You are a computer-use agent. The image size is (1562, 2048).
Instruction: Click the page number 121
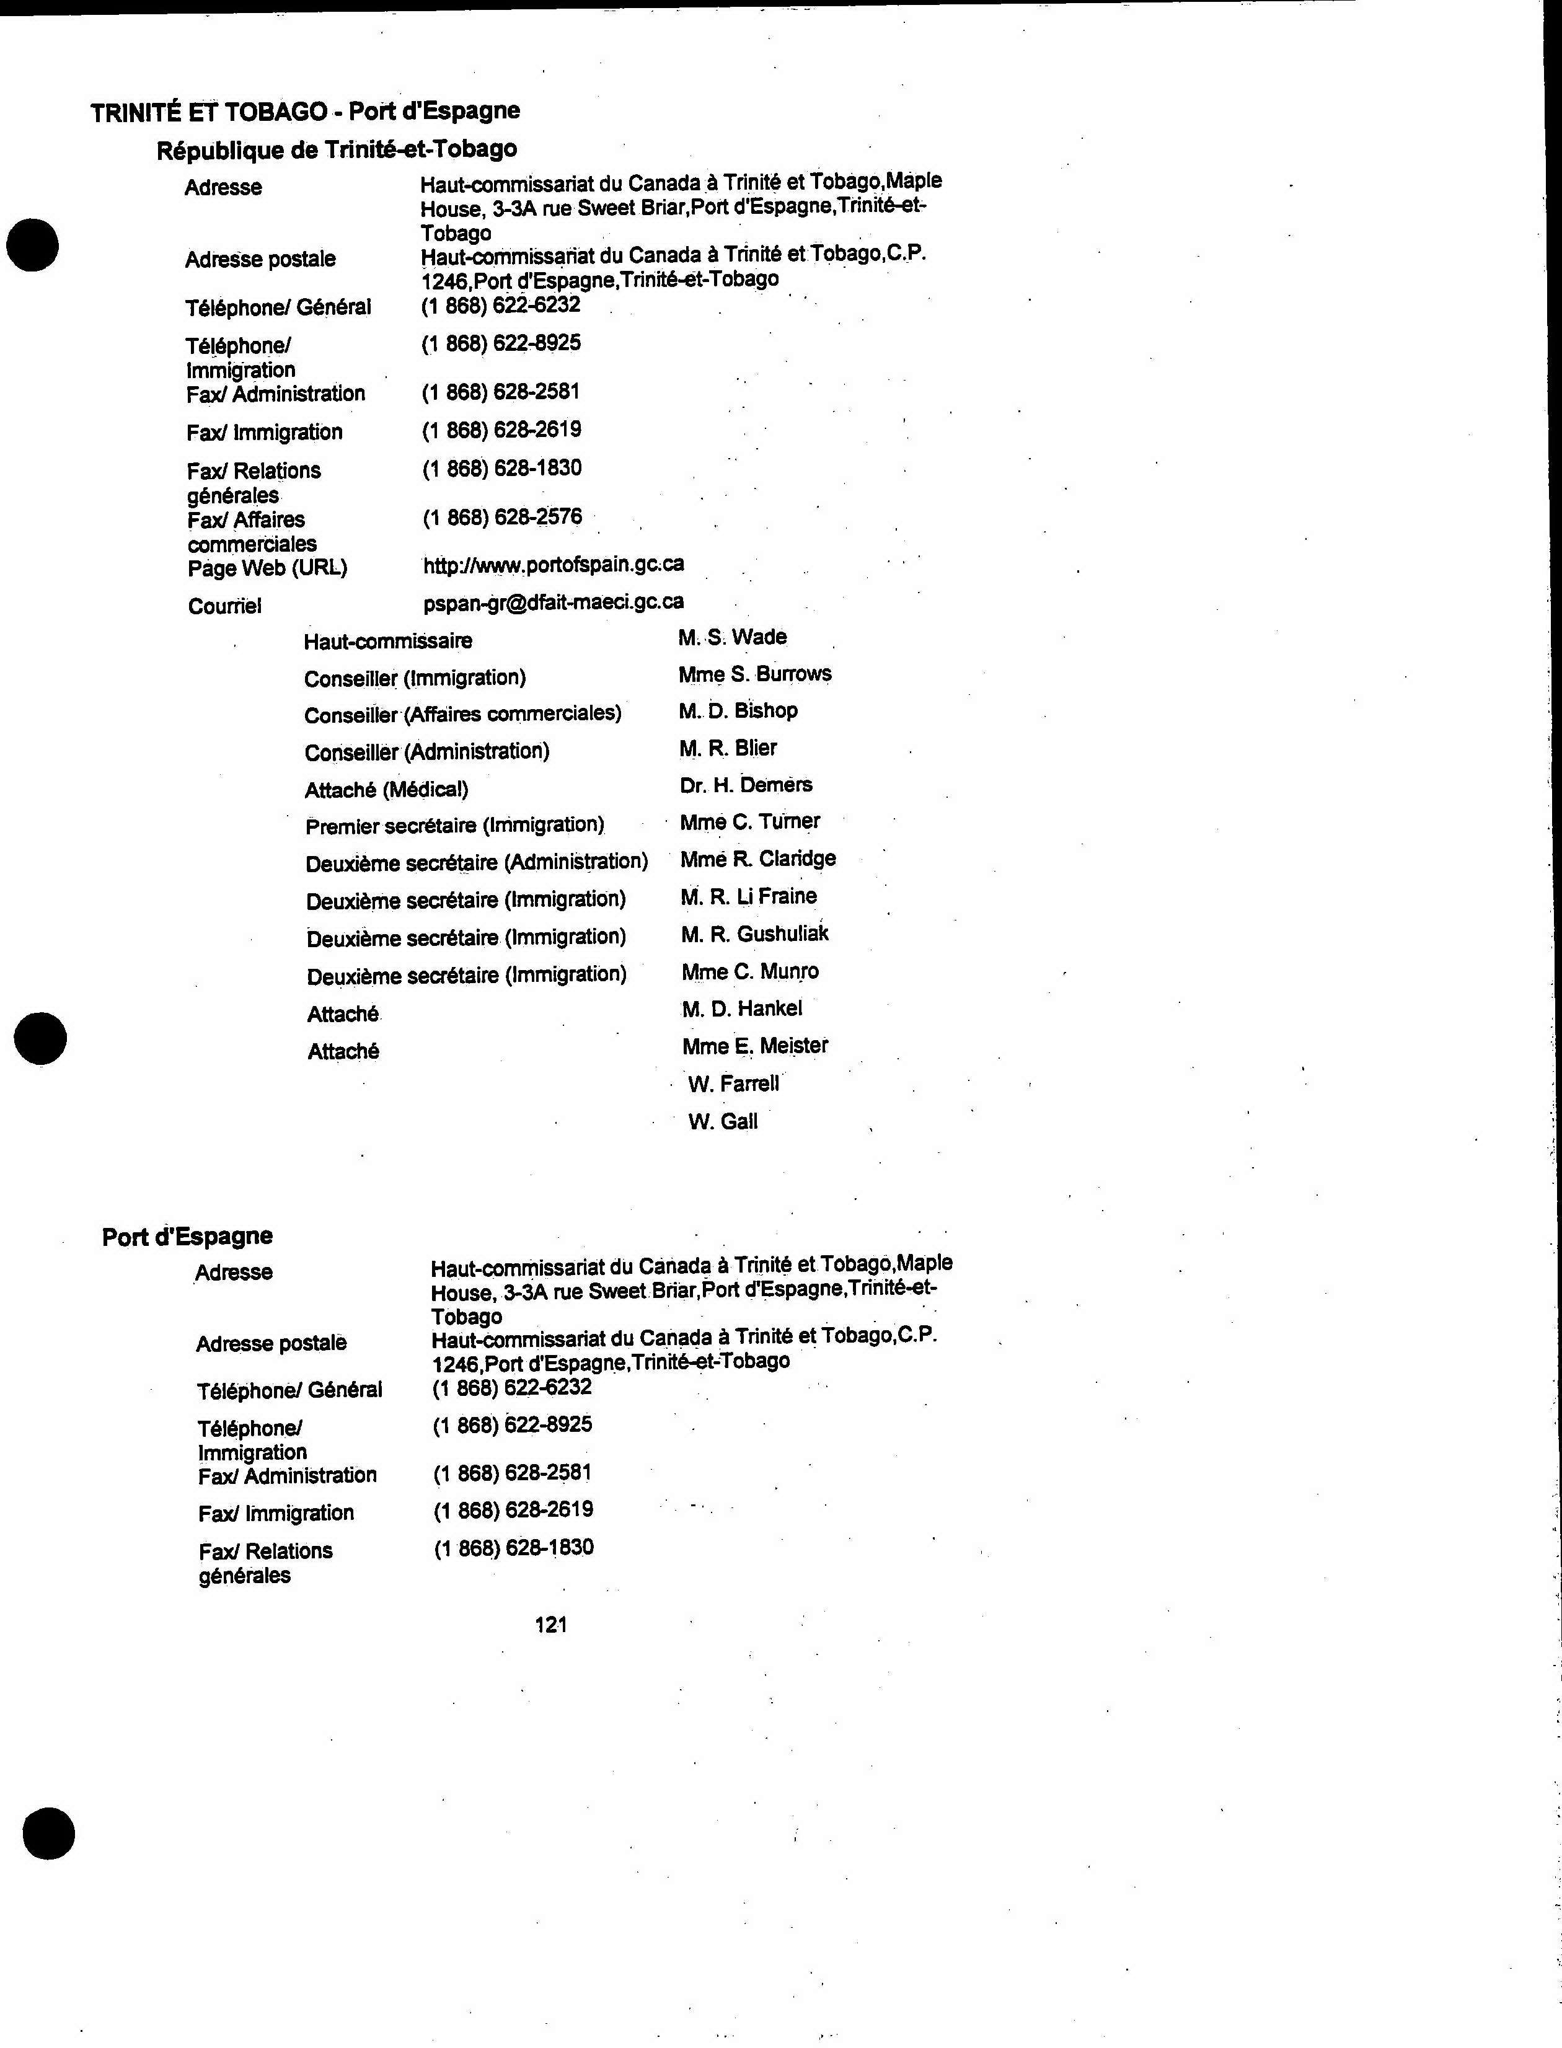552,1624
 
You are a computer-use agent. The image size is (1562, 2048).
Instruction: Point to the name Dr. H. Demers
746,785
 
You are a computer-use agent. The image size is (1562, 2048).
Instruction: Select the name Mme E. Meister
755,1046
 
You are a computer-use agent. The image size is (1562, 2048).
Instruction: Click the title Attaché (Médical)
387,790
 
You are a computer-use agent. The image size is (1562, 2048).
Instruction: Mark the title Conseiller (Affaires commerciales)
462,714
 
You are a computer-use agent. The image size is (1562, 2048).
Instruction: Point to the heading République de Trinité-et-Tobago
337,149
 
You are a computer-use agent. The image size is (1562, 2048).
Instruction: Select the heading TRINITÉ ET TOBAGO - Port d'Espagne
305,112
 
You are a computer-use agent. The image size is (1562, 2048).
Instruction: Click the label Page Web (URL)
268,567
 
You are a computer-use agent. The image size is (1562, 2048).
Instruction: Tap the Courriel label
225,606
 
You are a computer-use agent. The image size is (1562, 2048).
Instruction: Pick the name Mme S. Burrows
755,674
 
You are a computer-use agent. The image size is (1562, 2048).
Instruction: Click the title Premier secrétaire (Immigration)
455,826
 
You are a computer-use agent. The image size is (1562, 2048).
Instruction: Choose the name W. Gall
723,1121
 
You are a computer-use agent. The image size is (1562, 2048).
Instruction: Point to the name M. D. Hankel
741,1009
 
